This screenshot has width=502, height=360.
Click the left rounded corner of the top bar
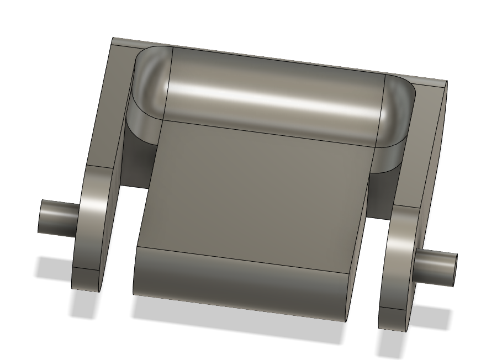pyautogui.click(x=151, y=83)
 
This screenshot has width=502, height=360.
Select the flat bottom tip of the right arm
pyautogui.click(x=394, y=319)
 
